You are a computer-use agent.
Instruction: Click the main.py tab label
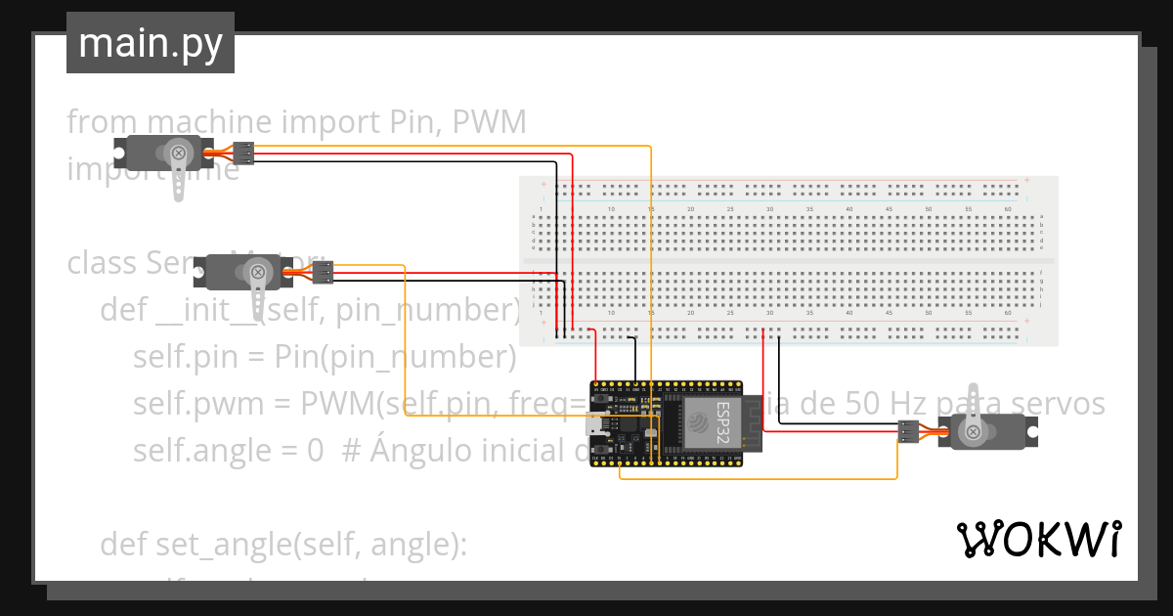point(150,43)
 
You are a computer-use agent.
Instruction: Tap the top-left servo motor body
point(161,153)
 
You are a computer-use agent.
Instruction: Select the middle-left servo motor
point(244,273)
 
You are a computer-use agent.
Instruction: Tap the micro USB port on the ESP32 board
point(594,424)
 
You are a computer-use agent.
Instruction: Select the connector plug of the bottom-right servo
point(908,431)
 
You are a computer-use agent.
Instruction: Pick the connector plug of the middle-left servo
point(325,272)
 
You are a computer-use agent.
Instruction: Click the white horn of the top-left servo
point(179,176)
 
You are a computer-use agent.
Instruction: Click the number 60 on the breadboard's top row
point(1008,209)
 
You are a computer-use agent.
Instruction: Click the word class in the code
point(103,264)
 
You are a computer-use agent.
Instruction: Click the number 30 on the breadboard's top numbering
point(769,209)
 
